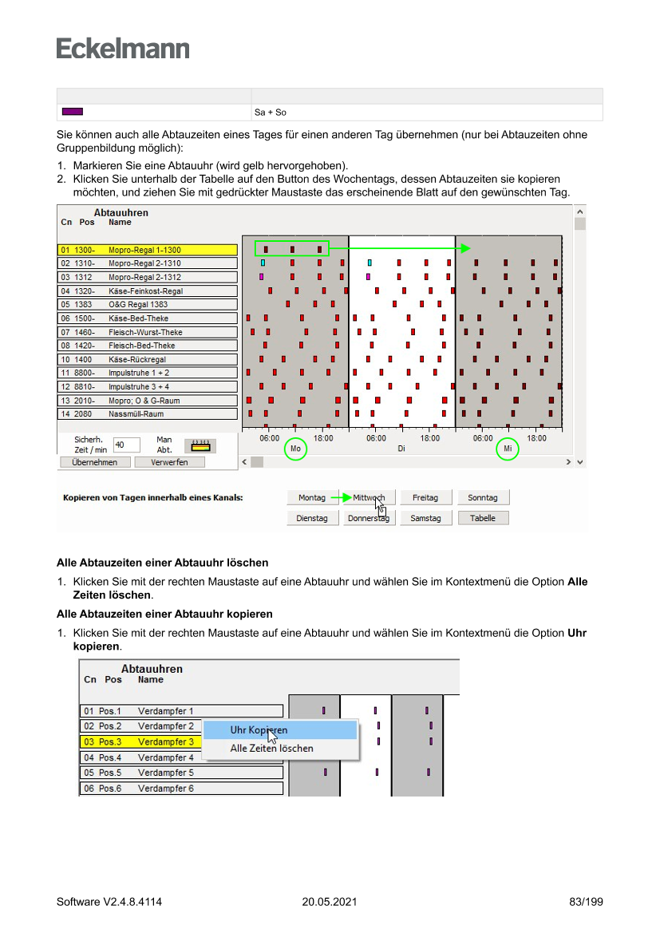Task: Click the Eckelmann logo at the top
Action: (x=123, y=48)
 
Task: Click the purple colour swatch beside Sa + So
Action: (x=73, y=112)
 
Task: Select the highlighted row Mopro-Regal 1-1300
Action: (x=148, y=250)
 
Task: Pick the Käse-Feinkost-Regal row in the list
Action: (x=148, y=291)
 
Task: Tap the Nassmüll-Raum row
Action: (x=148, y=414)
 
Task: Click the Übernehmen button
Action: (x=94, y=462)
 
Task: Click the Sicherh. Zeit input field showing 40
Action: (x=126, y=445)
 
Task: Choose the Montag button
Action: (x=312, y=497)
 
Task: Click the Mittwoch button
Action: (x=369, y=497)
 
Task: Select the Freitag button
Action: (x=425, y=497)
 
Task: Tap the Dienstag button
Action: (x=312, y=518)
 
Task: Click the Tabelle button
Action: (x=483, y=518)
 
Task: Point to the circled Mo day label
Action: (x=295, y=449)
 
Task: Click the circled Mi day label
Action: (x=508, y=449)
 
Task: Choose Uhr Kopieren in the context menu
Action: (x=259, y=729)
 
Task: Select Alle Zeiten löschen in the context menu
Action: (x=271, y=748)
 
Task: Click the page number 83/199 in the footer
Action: (x=587, y=902)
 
